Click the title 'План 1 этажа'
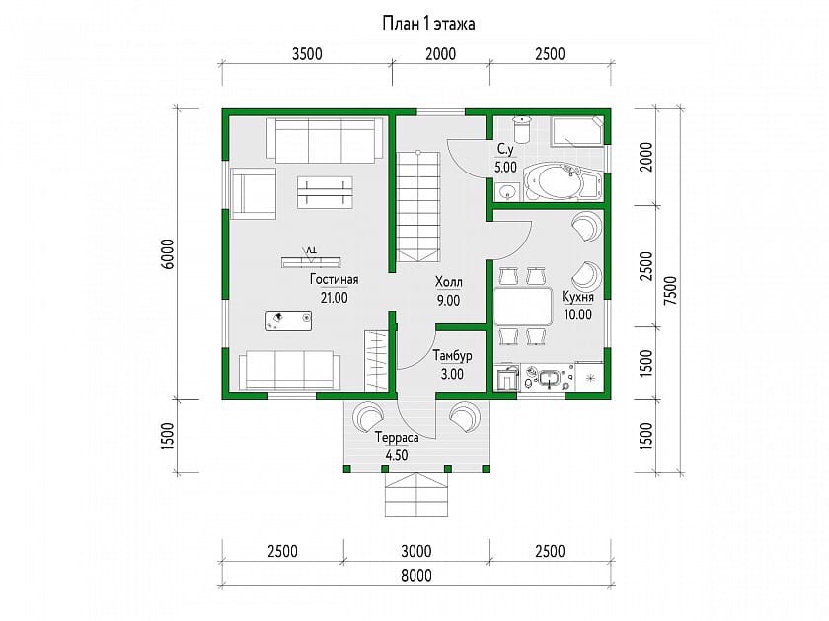[428, 24]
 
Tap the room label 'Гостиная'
[335, 279]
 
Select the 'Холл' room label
[448, 282]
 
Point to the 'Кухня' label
[578, 297]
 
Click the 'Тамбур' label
[453, 356]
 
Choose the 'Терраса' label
[397, 438]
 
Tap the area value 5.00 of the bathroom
[505, 168]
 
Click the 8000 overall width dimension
[416, 576]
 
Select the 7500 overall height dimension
[670, 290]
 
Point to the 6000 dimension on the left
[168, 254]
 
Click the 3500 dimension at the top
[307, 54]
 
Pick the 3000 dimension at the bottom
[416, 552]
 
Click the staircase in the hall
[418, 206]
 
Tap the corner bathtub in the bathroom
[563, 181]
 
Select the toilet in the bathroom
[523, 129]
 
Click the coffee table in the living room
[325, 192]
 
